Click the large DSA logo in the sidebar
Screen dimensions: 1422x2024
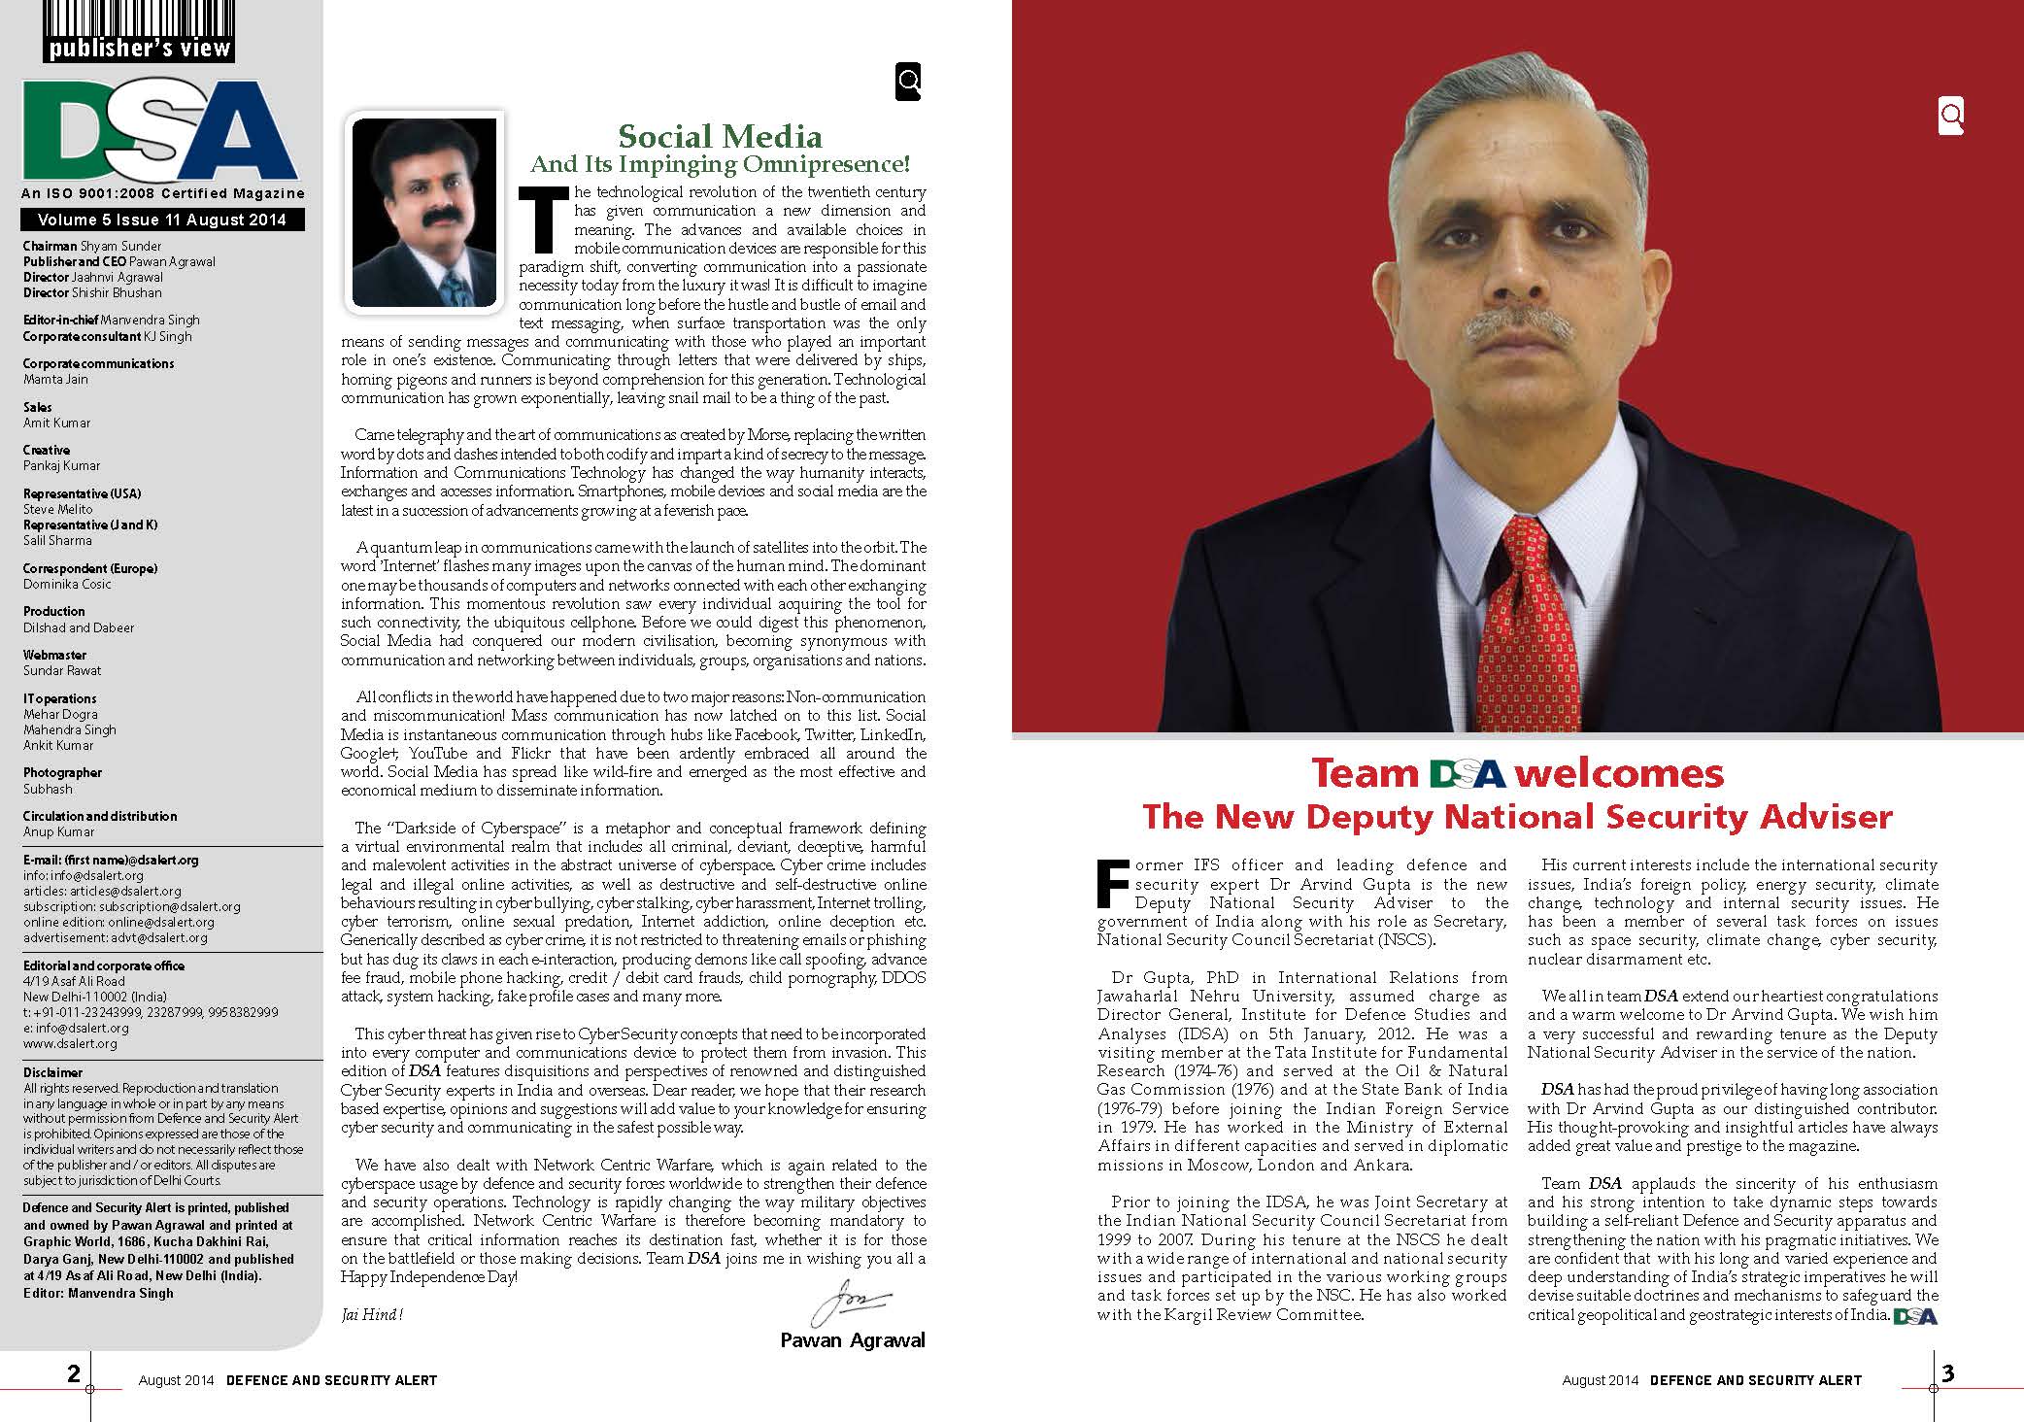point(160,130)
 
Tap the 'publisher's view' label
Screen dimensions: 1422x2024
point(139,47)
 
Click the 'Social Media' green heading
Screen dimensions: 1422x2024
point(720,136)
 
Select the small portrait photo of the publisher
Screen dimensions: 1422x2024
point(423,212)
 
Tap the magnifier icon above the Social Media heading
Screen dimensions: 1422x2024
point(908,83)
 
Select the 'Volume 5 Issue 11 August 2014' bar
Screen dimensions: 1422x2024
point(163,220)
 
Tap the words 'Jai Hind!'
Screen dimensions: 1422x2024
point(372,1314)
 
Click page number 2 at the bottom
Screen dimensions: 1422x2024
point(74,1373)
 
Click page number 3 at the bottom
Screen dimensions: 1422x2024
point(1947,1373)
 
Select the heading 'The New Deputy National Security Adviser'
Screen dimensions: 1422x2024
point(1517,816)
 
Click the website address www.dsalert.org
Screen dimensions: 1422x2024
point(70,1043)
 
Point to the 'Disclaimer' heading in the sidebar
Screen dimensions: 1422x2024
point(53,1072)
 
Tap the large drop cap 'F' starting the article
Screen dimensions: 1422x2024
point(1113,883)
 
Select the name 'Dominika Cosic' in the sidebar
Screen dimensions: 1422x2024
point(67,584)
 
